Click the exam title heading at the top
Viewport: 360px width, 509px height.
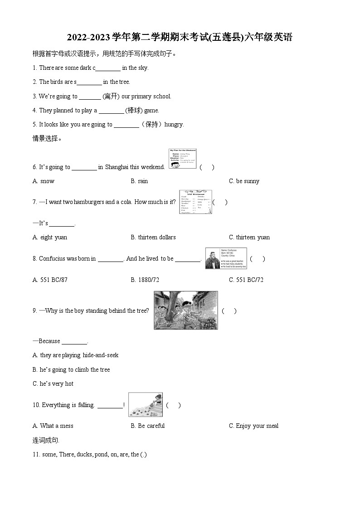pos(180,38)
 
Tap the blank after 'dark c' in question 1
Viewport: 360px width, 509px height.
pos(108,68)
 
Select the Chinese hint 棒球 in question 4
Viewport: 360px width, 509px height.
pos(134,111)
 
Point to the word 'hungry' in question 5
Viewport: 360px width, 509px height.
pos(174,125)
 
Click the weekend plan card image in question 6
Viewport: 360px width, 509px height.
pos(182,159)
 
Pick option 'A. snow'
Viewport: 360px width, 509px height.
pos(44,181)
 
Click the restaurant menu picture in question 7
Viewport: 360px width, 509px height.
pos(195,202)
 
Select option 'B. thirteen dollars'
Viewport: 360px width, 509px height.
pos(153,238)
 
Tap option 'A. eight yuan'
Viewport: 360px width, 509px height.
pos(50,238)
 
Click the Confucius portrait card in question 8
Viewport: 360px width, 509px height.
pos(226,259)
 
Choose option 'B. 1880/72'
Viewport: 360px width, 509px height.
pos(145,280)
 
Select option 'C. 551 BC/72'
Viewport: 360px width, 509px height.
pos(246,280)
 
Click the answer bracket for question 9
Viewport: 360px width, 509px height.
pos(229,311)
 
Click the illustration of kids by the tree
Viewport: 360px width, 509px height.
pos(185,310)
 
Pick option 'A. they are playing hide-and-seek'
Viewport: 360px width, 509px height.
pos(75,355)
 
